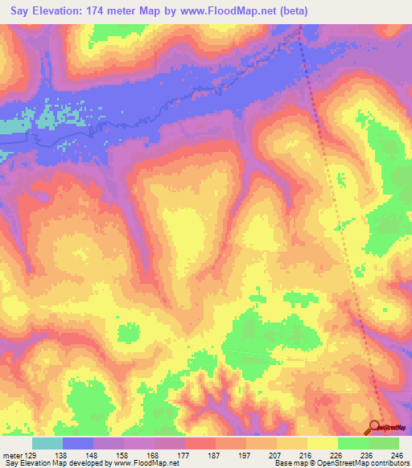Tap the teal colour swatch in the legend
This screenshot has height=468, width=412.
(x=47, y=443)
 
